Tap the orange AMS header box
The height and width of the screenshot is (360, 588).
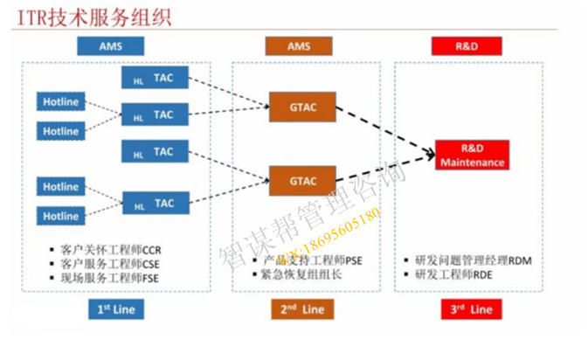(299, 45)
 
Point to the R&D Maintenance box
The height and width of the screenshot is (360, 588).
(472, 156)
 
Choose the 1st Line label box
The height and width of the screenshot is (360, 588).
(115, 308)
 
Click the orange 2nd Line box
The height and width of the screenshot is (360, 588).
(299, 308)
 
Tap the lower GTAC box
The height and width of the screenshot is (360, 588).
(301, 180)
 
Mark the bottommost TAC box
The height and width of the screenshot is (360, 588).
(155, 204)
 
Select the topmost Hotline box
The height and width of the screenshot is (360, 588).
(61, 102)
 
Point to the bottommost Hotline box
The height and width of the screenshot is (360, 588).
(61, 216)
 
